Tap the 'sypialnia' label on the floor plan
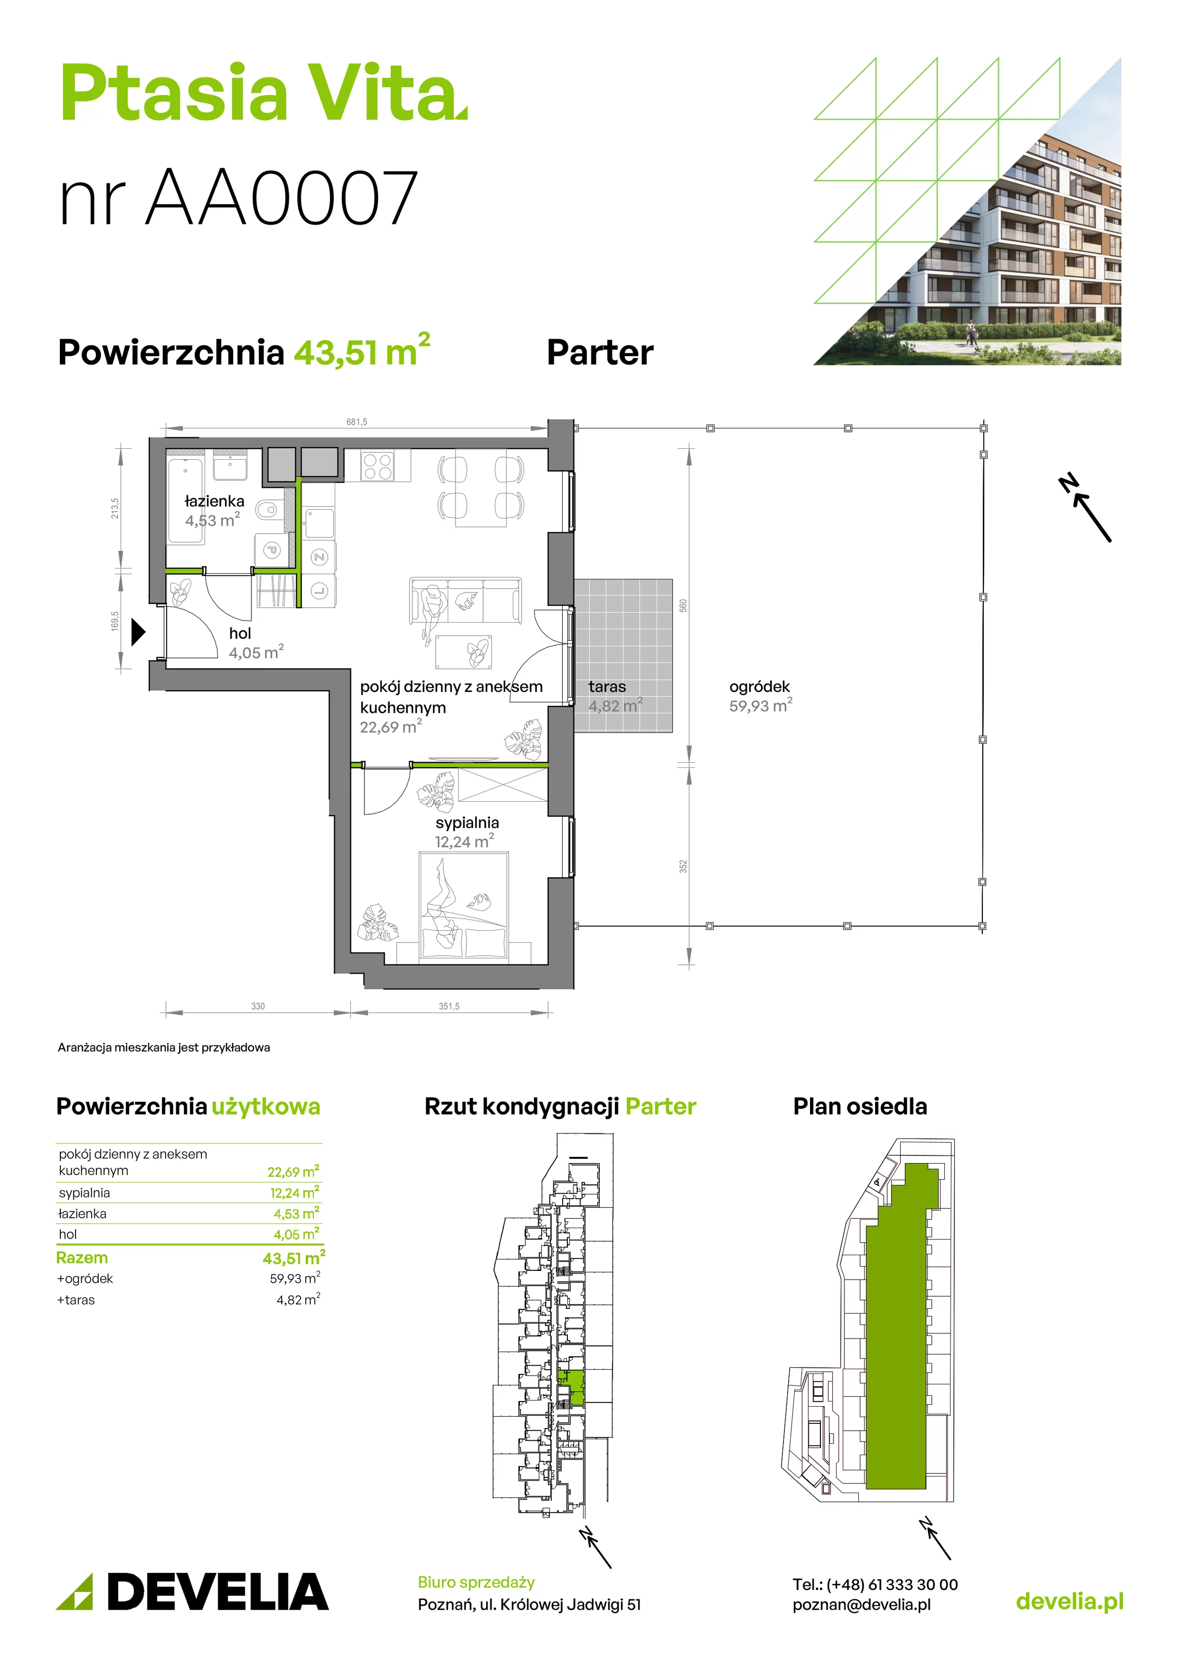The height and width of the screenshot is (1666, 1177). pyautogui.click(x=467, y=823)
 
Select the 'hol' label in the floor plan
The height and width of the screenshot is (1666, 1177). pyautogui.click(x=240, y=634)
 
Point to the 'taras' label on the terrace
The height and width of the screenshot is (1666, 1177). pyautogui.click(x=608, y=686)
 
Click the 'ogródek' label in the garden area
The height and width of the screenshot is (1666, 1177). pyautogui.click(x=760, y=686)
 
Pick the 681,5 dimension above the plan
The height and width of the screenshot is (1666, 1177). pyautogui.click(x=356, y=422)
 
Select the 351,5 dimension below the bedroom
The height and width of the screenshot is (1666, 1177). pyautogui.click(x=449, y=1006)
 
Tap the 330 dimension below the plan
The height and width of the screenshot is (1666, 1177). pyautogui.click(x=258, y=1006)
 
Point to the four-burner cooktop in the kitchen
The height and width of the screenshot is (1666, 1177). pyautogui.click(x=377, y=466)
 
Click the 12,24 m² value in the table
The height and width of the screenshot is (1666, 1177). pyautogui.click(x=295, y=1192)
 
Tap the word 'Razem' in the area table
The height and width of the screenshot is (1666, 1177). pyautogui.click(x=82, y=1257)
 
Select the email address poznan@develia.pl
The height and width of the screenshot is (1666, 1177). pyautogui.click(x=862, y=1605)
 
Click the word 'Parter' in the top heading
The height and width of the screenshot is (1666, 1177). pyautogui.click(x=600, y=352)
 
